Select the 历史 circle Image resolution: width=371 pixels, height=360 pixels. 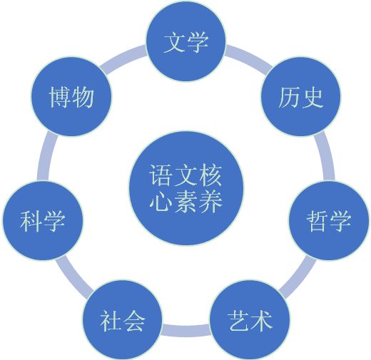coord(300,97)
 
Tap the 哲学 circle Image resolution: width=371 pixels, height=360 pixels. coord(329,220)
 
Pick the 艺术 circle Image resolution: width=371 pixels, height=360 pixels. coord(250,320)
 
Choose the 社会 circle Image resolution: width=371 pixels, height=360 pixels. coord(122,320)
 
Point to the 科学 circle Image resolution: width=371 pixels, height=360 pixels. coord(43,220)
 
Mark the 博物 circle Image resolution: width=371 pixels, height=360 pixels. coord(71,97)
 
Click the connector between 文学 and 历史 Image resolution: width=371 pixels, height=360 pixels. coord(248,57)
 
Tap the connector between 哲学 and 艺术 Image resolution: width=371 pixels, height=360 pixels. coord(298,277)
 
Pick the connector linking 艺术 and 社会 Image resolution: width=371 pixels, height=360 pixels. coord(185,330)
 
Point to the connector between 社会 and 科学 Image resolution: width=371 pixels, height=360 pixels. coord(74,277)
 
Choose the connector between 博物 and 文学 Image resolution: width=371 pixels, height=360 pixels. coord(123,57)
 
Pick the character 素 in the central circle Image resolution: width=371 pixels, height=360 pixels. coord(186,202)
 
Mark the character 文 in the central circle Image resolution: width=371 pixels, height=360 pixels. coord(186,176)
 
